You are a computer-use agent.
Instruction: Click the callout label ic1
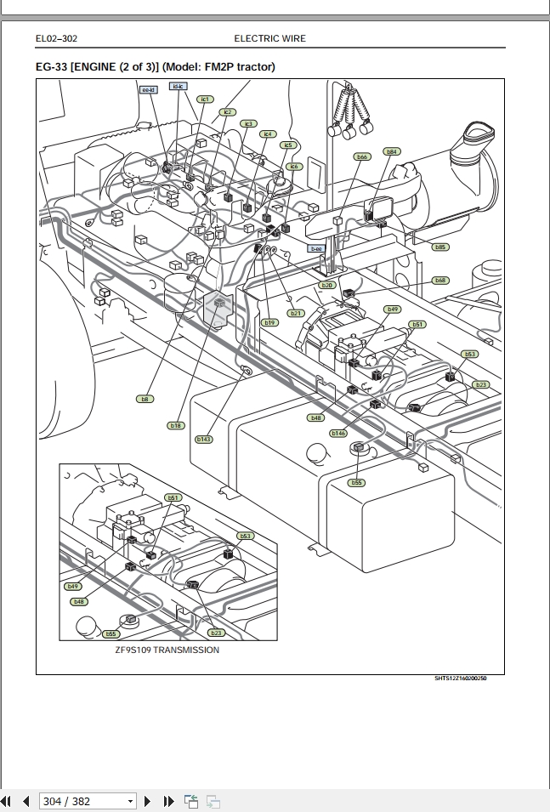(x=204, y=99)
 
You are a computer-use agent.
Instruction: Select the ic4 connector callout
(x=268, y=133)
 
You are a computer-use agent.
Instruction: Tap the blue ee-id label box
(x=147, y=88)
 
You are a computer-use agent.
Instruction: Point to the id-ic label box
(x=178, y=87)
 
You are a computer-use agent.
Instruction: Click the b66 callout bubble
(x=362, y=156)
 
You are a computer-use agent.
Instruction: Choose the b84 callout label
(x=391, y=151)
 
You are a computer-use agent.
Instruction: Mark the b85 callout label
(x=439, y=247)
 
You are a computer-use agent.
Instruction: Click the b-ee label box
(x=316, y=248)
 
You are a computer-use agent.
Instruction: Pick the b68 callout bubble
(x=439, y=280)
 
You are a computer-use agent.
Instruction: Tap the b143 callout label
(x=204, y=439)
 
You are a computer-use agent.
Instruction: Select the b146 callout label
(x=338, y=433)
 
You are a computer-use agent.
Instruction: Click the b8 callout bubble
(x=145, y=398)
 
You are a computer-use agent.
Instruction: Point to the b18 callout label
(x=175, y=424)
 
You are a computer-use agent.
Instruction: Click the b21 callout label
(x=296, y=313)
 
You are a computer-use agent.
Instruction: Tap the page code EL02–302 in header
(x=57, y=38)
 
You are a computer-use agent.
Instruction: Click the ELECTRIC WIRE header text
(x=269, y=38)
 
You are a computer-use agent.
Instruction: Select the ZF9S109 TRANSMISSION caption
(x=167, y=650)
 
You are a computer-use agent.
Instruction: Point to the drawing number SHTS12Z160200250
(x=461, y=679)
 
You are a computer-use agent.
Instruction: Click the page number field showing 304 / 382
(x=88, y=801)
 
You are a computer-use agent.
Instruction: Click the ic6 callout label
(x=294, y=167)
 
